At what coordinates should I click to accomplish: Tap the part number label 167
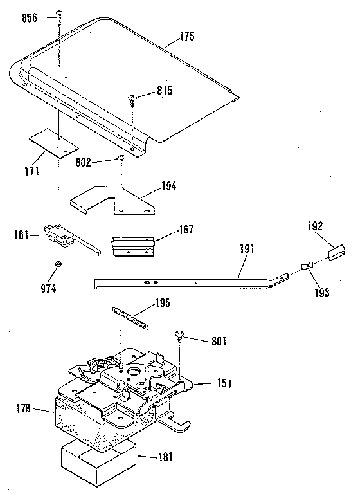point(185,230)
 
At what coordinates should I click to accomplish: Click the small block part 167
point(134,246)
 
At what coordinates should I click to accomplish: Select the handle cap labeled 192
point(336,251)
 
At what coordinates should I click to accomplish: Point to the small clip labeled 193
point(307,265)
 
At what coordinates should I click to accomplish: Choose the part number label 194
point(170,187)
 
